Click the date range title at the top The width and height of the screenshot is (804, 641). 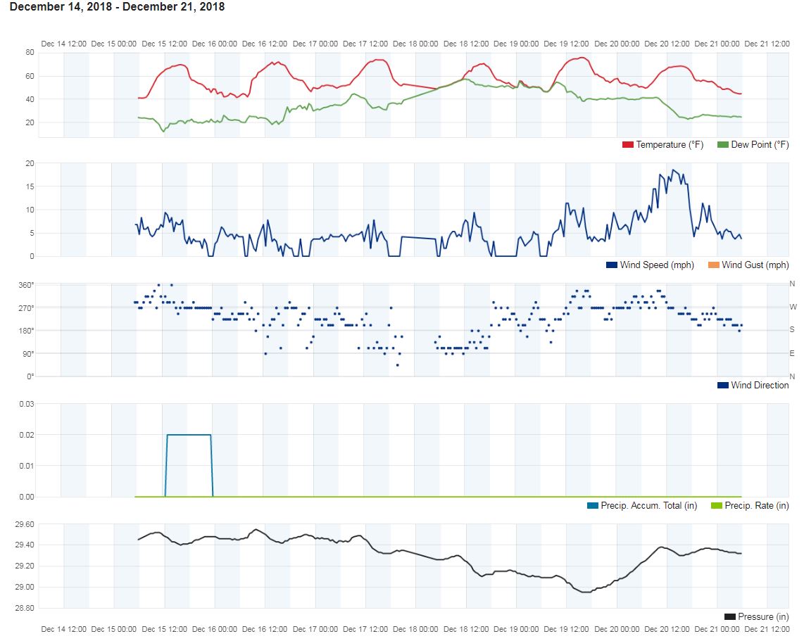coord(117,7)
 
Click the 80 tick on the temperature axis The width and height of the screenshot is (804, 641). coord(30,52)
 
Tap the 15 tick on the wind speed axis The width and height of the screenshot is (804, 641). coord(30,186)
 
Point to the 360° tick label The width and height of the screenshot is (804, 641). coord(26,285)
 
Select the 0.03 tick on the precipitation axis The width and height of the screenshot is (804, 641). coord(27,404)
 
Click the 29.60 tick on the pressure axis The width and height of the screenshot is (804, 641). coord(25,524)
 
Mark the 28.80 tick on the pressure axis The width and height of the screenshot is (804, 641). coord(25,608)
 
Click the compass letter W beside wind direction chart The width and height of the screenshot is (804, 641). coord(793,307)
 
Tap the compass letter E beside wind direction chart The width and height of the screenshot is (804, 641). coord(793,353)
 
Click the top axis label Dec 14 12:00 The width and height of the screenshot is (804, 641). coord(64,44)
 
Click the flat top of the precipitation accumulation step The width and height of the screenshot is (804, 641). coord(189,435)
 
